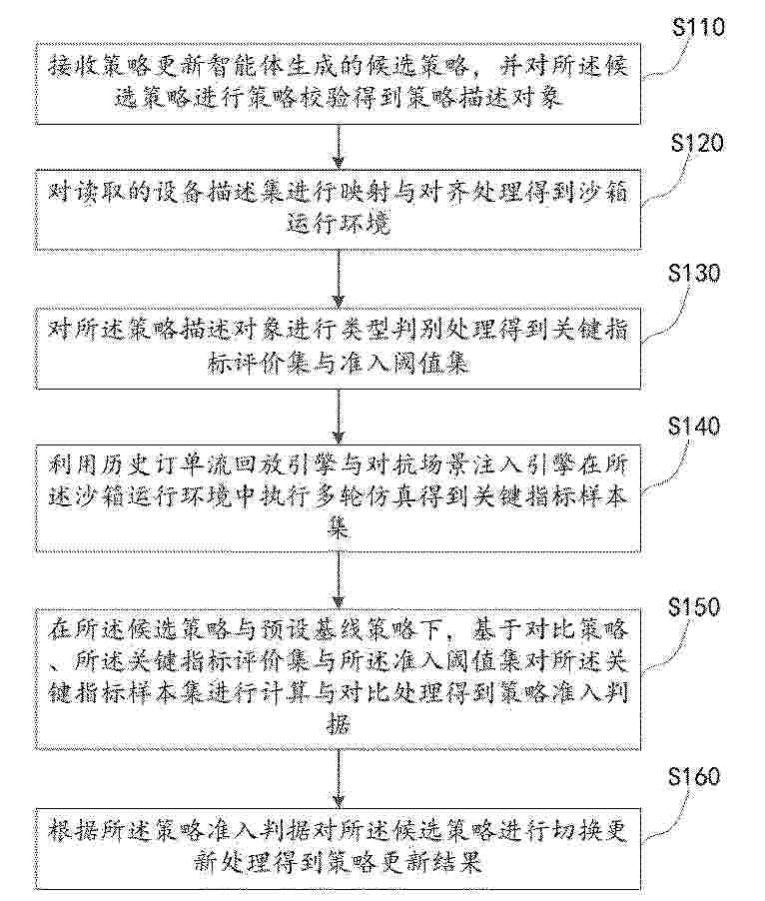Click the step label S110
pyautogui.click(x=698, y=27)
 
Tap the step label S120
pyautogui.click(x=697, y=143)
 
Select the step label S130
pyautogui.click(x=694, y=273)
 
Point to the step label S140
pyautogui.click(x=694, y=427)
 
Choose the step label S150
pyautogui.click(x=694, y=606)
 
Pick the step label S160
pyautogui.click(x=694, y=776)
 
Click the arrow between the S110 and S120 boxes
pyautogui.click(x=339, y=147)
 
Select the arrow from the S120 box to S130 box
pyautogui.click(x=339, y=280)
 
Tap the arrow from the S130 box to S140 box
pyautogui.click(x=339, y=417)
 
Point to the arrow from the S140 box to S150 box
pyautogui.click(x=339, y=581)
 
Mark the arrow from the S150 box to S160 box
pyautogui.click(x=339, y=779)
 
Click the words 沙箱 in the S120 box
pyautogui.click(x=602, y=192)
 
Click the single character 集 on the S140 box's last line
pyautogui.click(x=339, y=527)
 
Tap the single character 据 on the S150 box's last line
pyautogui.click(x=339, y=724)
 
